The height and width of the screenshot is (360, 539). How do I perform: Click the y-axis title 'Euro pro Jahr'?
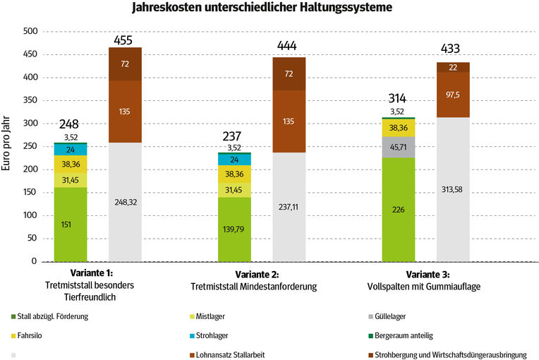tap(8, 144)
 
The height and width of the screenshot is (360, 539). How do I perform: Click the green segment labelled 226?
tap(398, 209)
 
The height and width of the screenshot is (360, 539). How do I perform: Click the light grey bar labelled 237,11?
tap(289, 214)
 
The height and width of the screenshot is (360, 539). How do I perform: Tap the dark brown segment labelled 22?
tap(453, 67)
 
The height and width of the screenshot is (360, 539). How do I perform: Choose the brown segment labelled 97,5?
tap(453, 95)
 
